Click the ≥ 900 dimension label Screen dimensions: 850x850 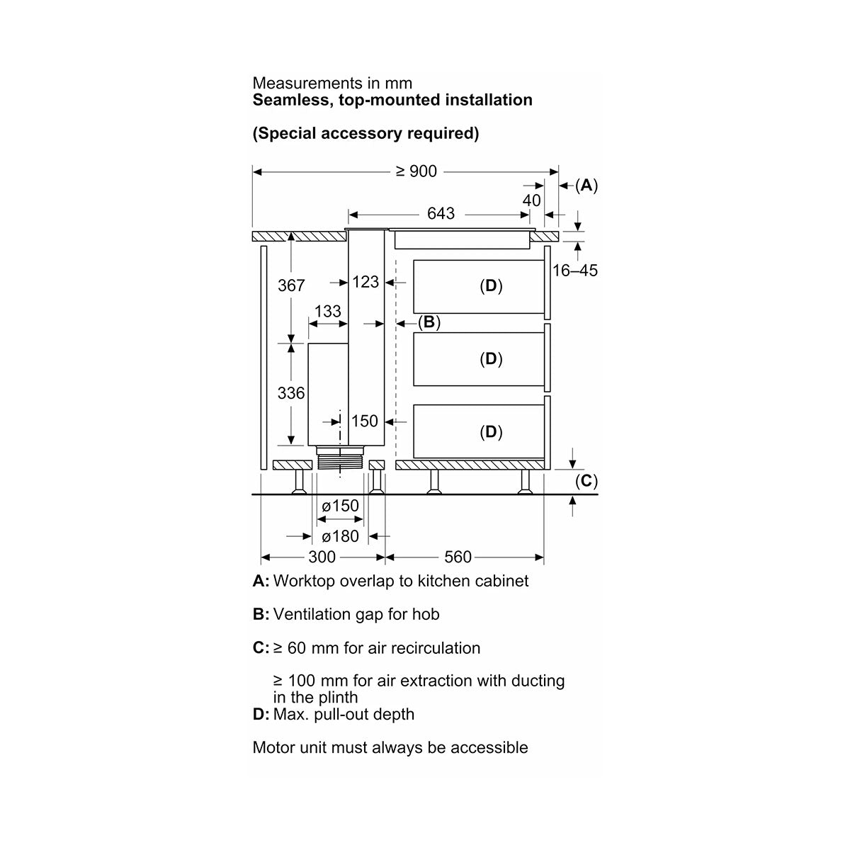pyautogui.click(x=416, y=171)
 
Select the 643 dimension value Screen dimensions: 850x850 pyautogui.click(x=441, y=213)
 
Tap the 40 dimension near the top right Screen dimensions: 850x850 pyautogui.click(x=531, y=200)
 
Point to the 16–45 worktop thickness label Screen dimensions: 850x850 pyautogui.click(x=574, y=271)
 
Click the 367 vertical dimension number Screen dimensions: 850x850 pyautogui.click(x=291, y=285)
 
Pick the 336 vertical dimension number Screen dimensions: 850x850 pyautogui.click(x=291, y=393)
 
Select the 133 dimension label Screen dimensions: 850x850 pyautogui.click(x=328, y=312)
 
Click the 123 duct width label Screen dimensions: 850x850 pyautogui.click(x=365, y=282)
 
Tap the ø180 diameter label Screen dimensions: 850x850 pyautogui.click(x=340, y=536)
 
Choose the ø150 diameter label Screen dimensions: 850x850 pyautogui.click(x=340, y=506)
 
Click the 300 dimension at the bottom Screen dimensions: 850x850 pyautogui.click(x=322, y=557)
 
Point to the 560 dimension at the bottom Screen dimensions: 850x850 pyautogui.click(x=458, y=557)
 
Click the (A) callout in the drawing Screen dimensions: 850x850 pyautogui.click(x=586, y=186)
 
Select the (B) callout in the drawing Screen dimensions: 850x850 pyautogui.click(x=429, y=322)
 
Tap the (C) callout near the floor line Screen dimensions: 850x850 pyautogui.click(x=586, y=481)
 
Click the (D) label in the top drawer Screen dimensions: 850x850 pyautogui.click(x=491, y=286)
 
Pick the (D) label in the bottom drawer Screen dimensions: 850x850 pyautogui.click(x=491, y=432)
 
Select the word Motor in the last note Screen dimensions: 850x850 pyautogui.click(x=272, y=748)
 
